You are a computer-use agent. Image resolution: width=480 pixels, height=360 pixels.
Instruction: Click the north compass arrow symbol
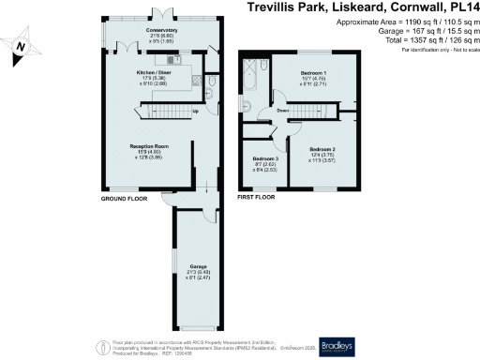[x=22, y=44]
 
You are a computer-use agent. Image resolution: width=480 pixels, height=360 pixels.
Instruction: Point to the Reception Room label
[x=148, y=145]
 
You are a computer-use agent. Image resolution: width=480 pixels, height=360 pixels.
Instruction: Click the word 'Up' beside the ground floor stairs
[x=195, y=113]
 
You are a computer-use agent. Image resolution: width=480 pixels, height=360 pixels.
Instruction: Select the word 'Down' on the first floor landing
[x=282, y=112]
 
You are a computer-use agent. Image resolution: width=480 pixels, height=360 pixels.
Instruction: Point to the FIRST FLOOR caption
[x=259, y=200]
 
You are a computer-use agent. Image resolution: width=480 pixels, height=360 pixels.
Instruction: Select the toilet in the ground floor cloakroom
[x=214, y=83]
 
